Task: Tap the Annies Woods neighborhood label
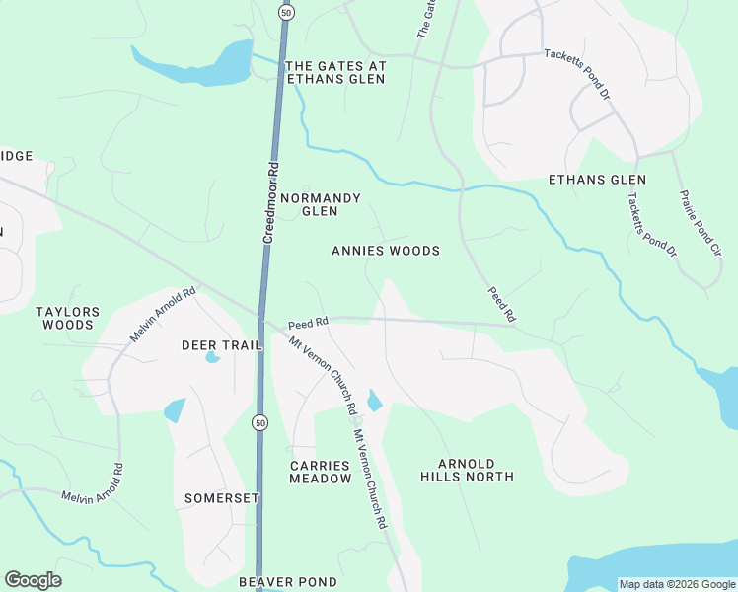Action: (386, 251)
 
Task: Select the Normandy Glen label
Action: (321, 204)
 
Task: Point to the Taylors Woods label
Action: (68, 318)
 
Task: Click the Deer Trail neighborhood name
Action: (221, 345)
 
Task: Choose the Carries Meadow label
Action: (321, 472)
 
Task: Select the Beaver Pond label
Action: (288, 582)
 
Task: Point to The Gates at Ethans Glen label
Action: (334, 73)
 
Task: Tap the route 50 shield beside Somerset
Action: (258, 422)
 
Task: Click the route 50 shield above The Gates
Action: (286, 12)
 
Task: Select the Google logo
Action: (33, 580)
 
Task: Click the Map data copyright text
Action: (676, 584)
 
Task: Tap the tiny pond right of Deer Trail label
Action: (212, 357)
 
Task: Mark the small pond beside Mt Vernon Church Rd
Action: (374, 401)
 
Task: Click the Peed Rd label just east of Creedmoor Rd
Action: (307, 324)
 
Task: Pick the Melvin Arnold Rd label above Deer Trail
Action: (164, 315)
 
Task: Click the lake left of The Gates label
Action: (207, 65)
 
